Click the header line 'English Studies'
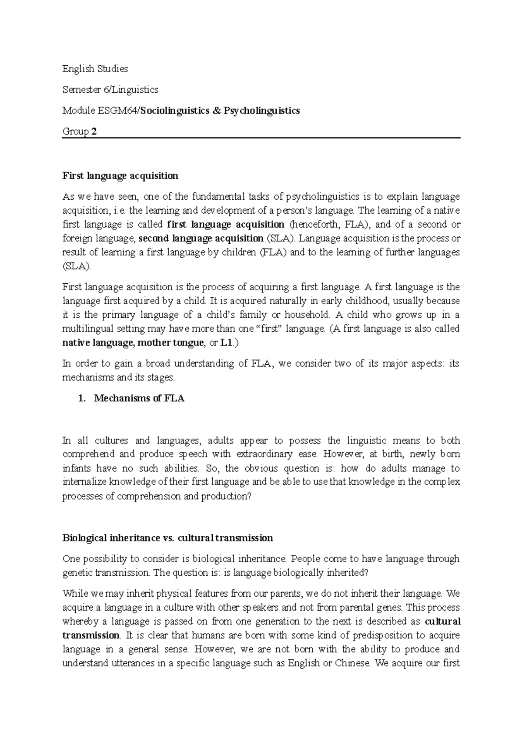point(95,69)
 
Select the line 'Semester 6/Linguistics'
point(110,90)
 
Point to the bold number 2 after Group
point(94,132)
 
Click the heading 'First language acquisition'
point(120,176)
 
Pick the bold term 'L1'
point(226,343)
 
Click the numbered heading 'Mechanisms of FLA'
point(139,398)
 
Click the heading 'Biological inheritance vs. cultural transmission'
point(167,538)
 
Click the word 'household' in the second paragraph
point(307,315)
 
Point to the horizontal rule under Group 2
point(261,138)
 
